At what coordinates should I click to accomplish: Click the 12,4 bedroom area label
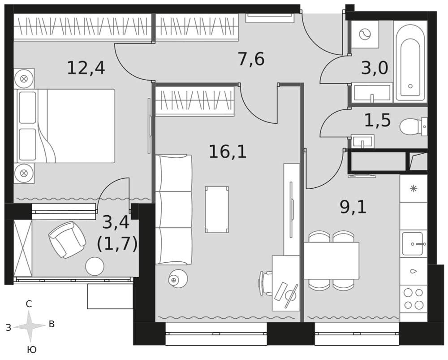[x=86, y=69]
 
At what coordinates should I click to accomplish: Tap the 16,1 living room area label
[x=228, y=152]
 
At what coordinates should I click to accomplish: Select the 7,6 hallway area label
[x=251, y=59]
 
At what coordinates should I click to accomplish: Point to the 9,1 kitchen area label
[x=353, y=207]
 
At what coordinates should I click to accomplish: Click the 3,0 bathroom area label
[x=375, y=68]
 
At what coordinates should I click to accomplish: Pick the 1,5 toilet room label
[x=377, y=120]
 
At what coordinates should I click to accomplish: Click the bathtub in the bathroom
[x=410, y=62]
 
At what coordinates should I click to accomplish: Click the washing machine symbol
[x=365, y=35]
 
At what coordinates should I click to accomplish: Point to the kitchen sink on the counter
[x=413, y=243]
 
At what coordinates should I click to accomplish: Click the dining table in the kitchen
[x=332, y=260]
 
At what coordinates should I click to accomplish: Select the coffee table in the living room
[x=217, y=210]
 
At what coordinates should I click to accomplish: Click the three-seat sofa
[x=173, y=210]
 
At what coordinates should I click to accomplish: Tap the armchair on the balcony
[x=67, y=239]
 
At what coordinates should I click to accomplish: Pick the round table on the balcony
[x=95, y=266]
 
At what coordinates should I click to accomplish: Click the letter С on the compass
[x=29, y=304]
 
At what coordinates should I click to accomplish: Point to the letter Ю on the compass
[x=32, y=350]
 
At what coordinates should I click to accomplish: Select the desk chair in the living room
[x=265, y=283]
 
